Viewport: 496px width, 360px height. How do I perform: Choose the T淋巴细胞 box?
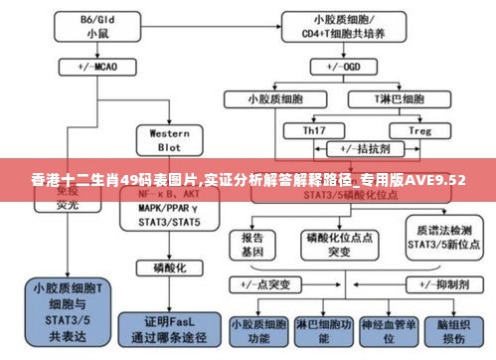[402, 99]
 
